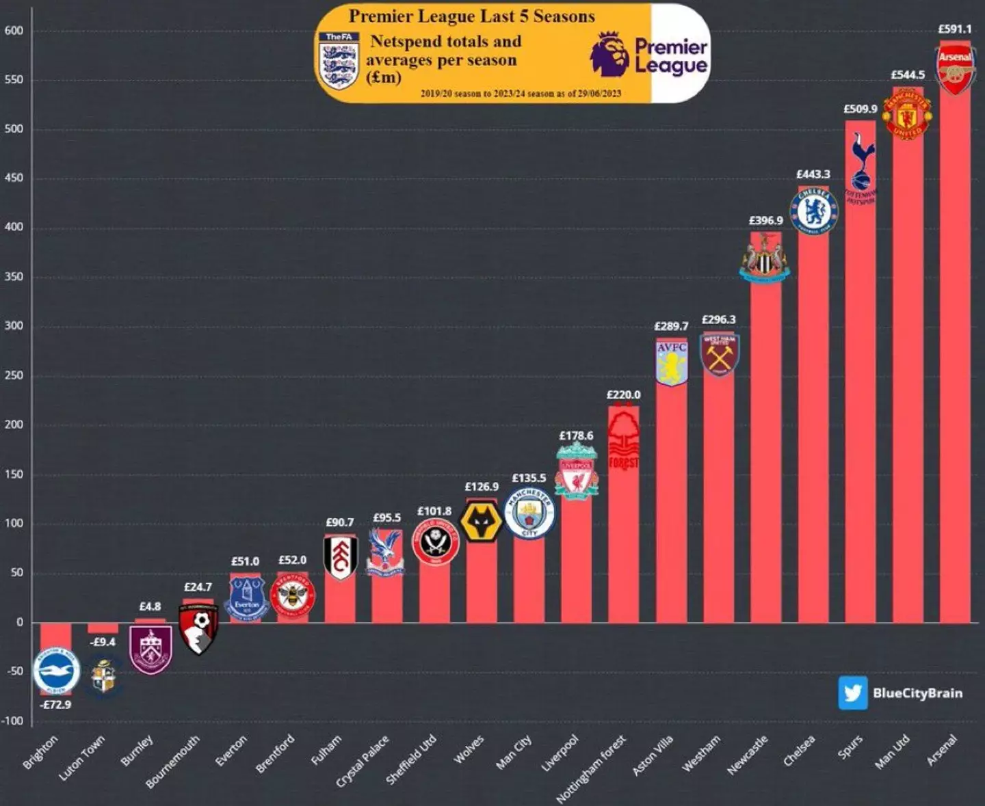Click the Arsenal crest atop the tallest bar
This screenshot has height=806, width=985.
(955, 69)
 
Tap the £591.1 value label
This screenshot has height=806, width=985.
(954, 29)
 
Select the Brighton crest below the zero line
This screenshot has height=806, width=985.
(57, 671)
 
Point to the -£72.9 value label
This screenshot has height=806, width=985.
(55, 704)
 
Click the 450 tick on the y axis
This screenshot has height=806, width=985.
(14, 178)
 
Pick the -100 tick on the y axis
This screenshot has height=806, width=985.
(12, 721)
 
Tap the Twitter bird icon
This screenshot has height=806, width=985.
(852, 693)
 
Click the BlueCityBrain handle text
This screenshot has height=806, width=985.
(917, 693)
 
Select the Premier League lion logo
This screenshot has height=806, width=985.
(609, 55)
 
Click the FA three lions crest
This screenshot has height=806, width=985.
(339, 61)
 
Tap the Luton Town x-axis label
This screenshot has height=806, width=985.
(82, 757)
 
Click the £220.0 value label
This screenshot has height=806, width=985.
(623, 394)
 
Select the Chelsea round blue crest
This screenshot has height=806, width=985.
(813, 211)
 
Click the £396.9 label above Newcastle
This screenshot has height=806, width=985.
(765, 220)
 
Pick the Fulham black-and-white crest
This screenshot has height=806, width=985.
(340, 556)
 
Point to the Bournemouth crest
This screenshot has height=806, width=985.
(198, 628)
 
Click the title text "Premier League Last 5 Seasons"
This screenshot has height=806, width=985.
(472, 16)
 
